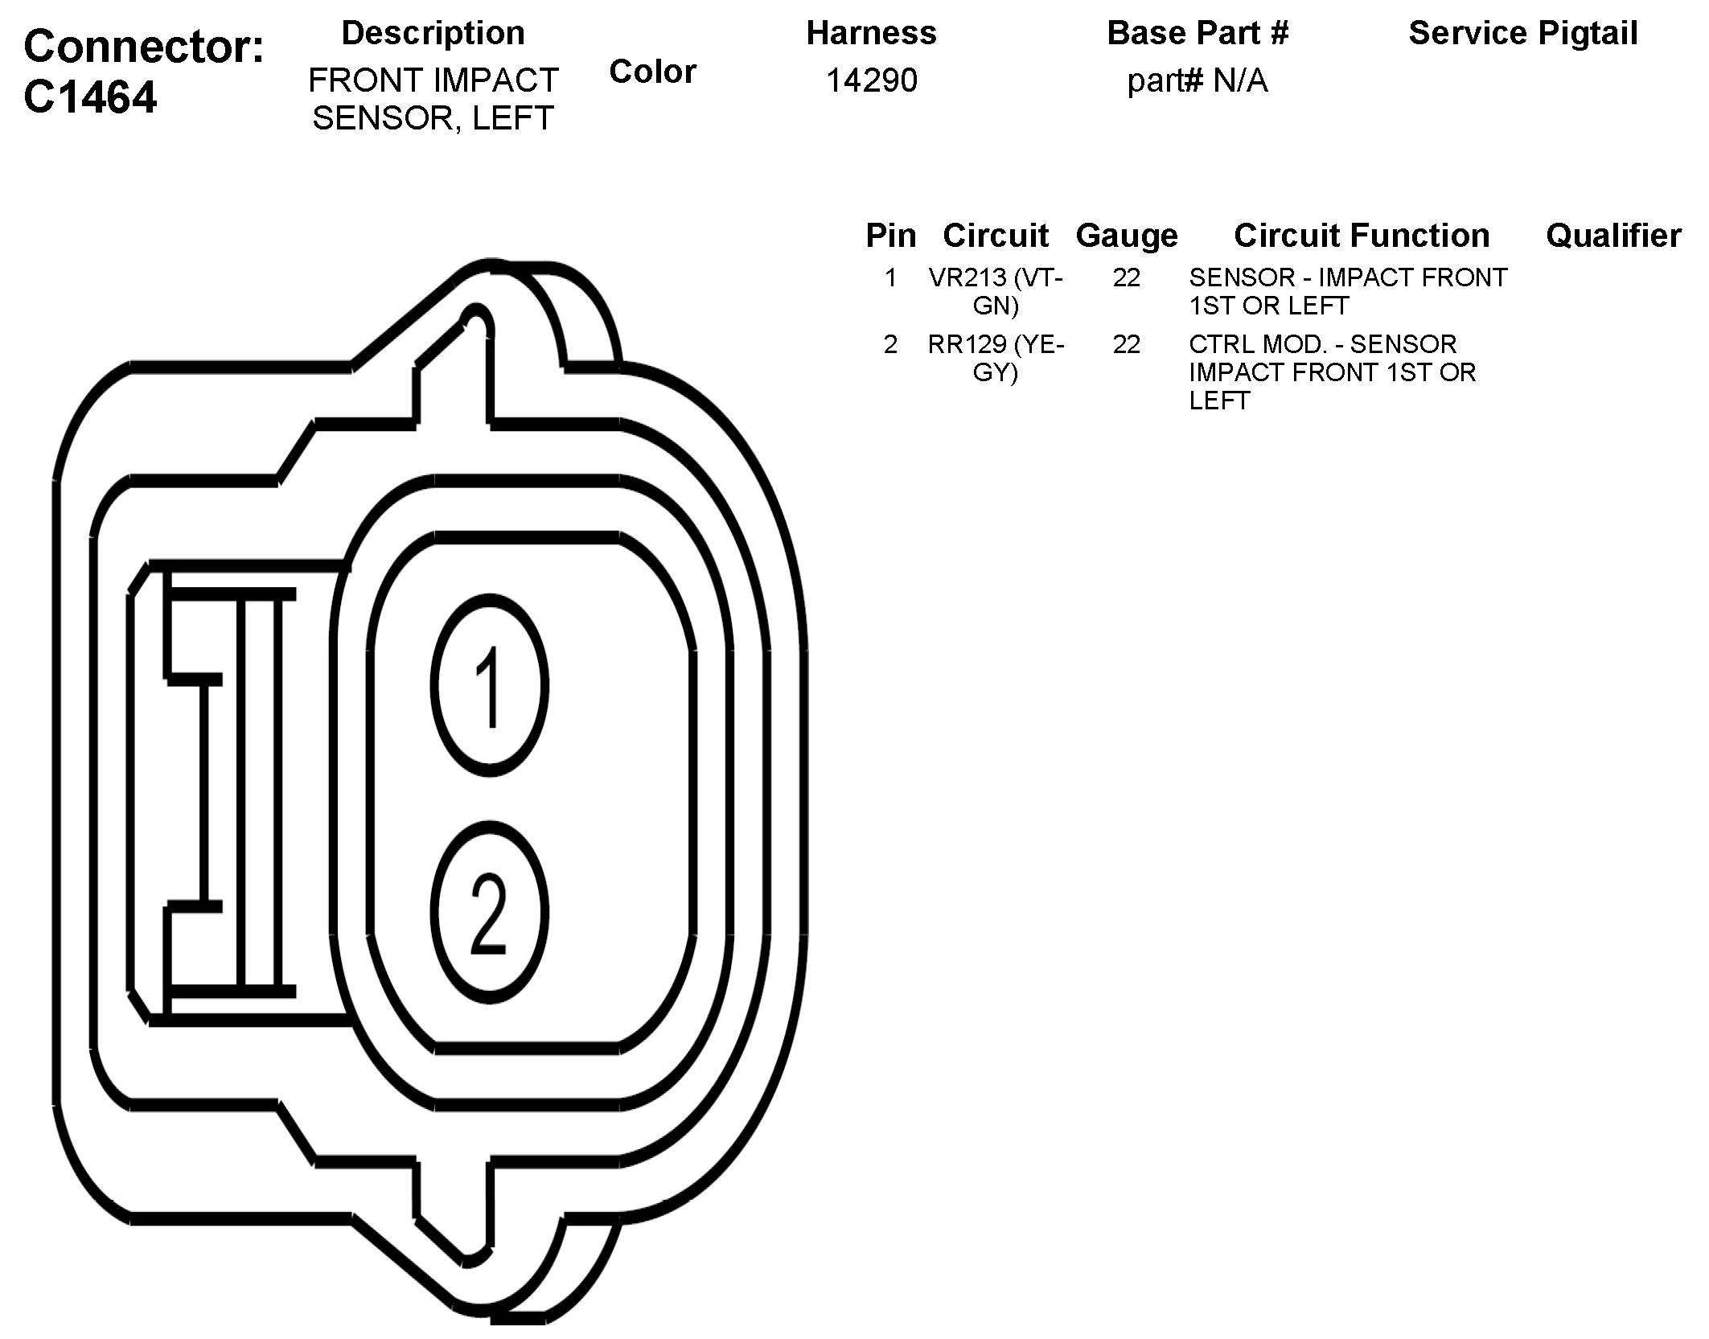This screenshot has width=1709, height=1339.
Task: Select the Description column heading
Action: (x=433, y=33)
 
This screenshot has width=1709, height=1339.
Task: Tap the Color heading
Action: (x=652, y=72)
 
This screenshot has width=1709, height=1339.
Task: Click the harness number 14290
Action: (x=872, y=80)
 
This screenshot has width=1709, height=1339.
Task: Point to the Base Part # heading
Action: (x=1198, y=33)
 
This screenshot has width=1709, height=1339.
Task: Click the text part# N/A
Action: (x=1198, y=80)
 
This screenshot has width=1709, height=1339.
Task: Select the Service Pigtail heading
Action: (x=1523, y=34)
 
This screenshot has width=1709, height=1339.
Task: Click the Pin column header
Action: (x=890, y=236)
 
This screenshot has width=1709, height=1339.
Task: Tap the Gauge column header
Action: (x=1126, y=236)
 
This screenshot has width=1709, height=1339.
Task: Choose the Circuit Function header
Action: (x=1362, y=236)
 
